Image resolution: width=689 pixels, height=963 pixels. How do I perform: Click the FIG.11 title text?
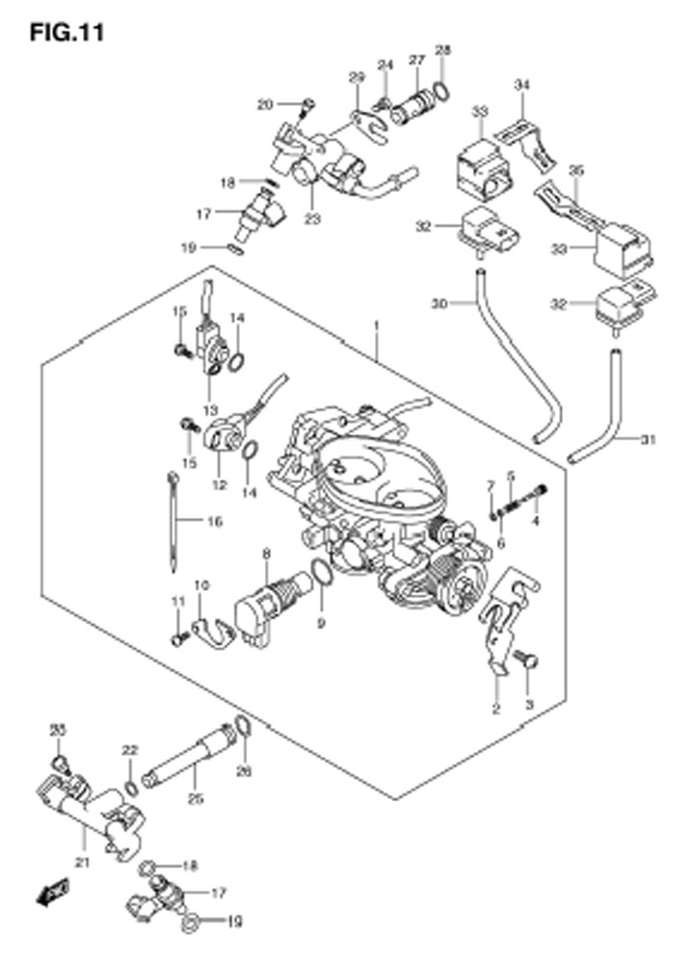pyautogui.click(x=66, y=32)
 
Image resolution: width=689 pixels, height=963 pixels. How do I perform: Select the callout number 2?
pyautogui.click(x=495, y=710)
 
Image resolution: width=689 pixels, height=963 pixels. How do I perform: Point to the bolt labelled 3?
pyautogui.click(x=527, y=661)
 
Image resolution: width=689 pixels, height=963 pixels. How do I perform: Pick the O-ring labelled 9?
pyautogui.click(x=323, y=576)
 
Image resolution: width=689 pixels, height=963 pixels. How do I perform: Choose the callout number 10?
pyautogui.click(x=200, y=585)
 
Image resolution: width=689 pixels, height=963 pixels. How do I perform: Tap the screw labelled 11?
pyautogui.click(x=177, y=638)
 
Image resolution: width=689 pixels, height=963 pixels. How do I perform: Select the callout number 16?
pyautogui.click(x=213, y=522)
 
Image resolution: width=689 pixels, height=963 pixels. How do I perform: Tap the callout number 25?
pyautogui.click(x=197, y=797)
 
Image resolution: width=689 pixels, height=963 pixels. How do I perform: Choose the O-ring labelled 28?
pyautogui.click(x=441, y=91)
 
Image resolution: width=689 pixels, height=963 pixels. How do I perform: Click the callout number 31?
pyautogui.click(x=649, y=440)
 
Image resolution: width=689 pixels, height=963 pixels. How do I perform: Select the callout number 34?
pyautogui.click(x=522, y=87)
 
